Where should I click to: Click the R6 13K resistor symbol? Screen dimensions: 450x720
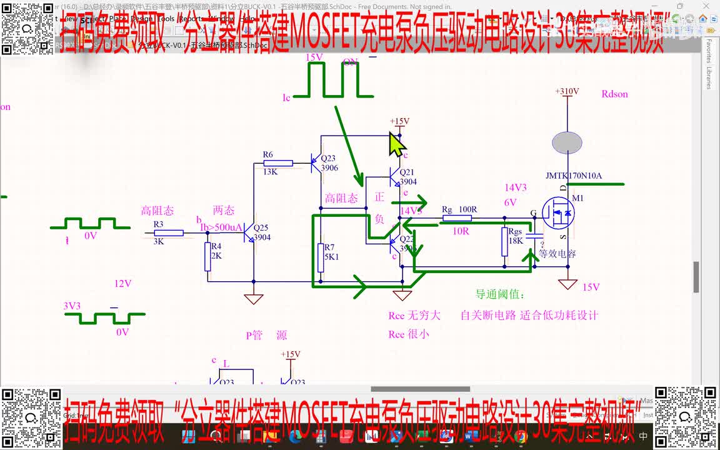(274, 164)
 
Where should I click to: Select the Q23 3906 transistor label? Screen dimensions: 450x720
(328, 163)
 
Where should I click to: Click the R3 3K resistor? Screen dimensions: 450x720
(168, 232)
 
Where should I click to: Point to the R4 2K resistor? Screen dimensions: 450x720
(208, 256)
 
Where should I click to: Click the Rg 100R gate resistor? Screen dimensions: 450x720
(457, 218)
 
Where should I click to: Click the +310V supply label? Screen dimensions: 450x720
(567, 91)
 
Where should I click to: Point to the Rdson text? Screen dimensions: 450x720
(614, 94)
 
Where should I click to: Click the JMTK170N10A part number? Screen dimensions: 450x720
(573, 176)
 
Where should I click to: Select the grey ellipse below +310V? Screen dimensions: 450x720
(568, 142)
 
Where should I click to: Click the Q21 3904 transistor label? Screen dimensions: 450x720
(407, 177)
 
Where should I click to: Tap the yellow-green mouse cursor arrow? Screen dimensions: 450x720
(396, 144)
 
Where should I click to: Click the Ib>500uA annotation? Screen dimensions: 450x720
(221, 227)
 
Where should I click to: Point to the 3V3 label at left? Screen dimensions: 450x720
(72, 306)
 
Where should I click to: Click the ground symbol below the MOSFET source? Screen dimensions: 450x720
(567, 284)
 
